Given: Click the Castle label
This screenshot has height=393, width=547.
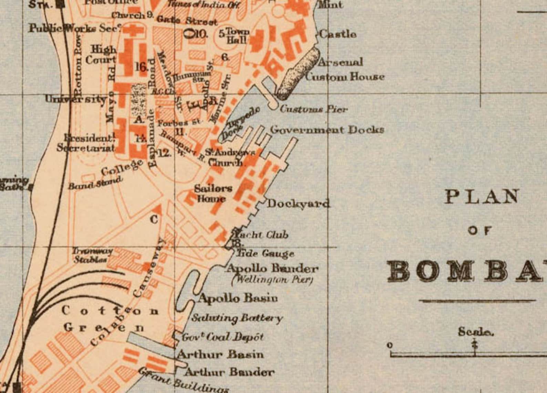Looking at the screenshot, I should [x=338, y=34].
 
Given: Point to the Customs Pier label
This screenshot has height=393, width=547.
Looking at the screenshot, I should [x=313, y=109].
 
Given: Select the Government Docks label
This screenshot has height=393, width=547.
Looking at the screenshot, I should [x=327, y=130].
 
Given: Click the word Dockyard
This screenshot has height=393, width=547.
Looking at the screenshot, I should [x=298, y=204].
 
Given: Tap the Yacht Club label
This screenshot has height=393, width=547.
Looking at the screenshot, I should [x=261, y=235].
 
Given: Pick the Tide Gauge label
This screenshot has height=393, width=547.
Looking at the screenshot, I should [x=265, y=254].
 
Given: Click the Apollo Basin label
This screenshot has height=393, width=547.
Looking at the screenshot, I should [x=238, y=298].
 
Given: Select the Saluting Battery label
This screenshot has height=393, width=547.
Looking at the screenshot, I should [x=237, y=318].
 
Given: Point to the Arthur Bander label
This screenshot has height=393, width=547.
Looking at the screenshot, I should [x=229, y=372].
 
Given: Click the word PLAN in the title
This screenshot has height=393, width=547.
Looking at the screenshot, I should [x=482, y=196].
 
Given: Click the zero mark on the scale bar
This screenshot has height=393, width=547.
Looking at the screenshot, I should [x=390, y=345].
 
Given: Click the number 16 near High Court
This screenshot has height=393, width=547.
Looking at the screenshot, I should [x=141, y=67].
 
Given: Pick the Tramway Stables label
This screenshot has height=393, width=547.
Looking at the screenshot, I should [x=92, y=255].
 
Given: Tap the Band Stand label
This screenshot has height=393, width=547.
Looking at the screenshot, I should [x=95, y=183].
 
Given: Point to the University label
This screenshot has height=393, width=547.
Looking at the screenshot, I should [x=76, y=99].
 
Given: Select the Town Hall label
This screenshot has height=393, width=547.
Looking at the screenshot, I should [x=237, y=36].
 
